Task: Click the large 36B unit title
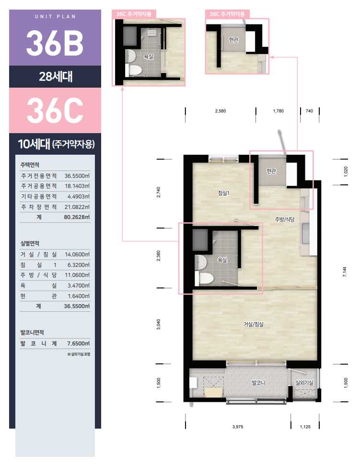55,43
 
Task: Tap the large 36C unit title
55,111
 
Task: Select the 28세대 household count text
56,77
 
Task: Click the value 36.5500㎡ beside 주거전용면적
77,176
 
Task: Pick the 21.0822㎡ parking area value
77,207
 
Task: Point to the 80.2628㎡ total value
77,217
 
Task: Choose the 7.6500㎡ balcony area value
78,343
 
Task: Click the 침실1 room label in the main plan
224,193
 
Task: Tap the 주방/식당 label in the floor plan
285,219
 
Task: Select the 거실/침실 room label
254,324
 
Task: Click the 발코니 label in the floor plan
258,383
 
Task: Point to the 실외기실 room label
304,383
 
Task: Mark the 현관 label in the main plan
271,171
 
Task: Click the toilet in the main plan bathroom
204,278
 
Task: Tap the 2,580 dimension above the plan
221,111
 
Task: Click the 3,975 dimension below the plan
238,427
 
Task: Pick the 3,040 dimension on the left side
159,324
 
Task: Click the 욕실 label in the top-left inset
149,57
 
